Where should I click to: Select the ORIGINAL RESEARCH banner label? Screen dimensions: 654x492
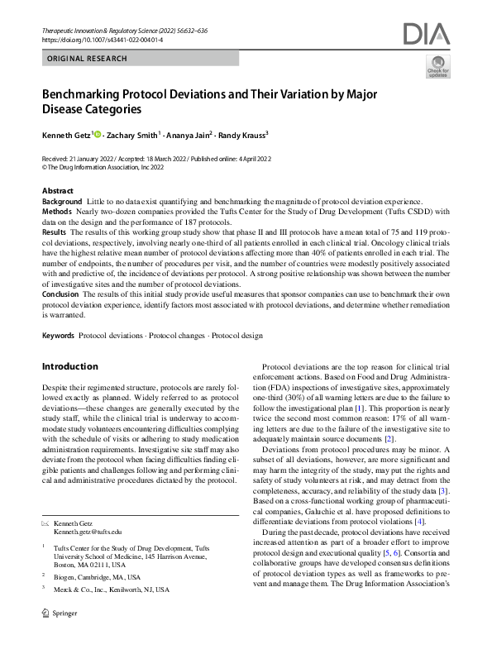pyautogui.click(x=87, y=59)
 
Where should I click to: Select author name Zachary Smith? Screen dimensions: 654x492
pyautogui.click(x=131, y=134)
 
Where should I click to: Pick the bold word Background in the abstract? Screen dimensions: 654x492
pyautogui.click(x=62, y=202)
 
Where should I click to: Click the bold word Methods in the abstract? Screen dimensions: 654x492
pyautogui.click(x=57, y=212)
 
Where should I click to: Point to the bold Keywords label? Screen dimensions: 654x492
pyautogui.click(x=59, y=336)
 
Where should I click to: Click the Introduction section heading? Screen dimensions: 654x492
pyautogui.click(x=69, y=366)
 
